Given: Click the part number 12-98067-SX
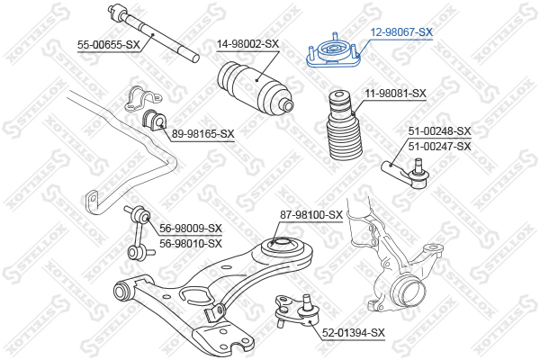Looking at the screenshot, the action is click(401, 32).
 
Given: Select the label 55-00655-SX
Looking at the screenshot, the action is click(109, 45).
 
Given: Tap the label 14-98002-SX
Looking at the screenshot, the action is click(247, 44).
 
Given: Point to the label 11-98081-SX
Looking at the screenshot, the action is click(395, 94).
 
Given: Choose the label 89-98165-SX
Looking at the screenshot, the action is click(202, 134).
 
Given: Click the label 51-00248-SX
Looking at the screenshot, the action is click(439, 131).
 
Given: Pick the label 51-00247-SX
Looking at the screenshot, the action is click(439, 147).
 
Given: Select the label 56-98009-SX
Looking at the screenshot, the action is click(191, 229).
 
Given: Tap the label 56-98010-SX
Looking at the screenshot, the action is click(191, 244).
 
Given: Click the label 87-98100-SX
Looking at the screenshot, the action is click(311, 215).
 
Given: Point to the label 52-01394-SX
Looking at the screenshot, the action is click(354, 333).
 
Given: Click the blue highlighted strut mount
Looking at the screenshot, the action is click(333, 51).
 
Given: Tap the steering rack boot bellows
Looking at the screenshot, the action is click(256, 87).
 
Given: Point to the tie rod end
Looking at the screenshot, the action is click(407, 172).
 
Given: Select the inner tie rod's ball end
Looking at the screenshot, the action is click(116, 12).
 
